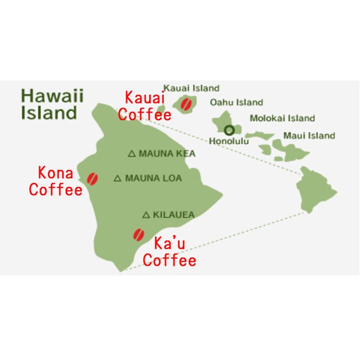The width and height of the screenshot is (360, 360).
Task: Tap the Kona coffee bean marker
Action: point(93,178)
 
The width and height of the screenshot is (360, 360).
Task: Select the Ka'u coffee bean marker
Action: point(138,234)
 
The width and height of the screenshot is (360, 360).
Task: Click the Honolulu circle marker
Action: point(229,130)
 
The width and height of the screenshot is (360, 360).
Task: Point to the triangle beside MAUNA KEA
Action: point(132,154)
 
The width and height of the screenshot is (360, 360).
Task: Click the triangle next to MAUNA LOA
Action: point(118,179)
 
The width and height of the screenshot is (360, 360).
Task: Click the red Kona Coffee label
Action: point(56,181)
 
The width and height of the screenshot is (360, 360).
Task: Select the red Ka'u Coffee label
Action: point(170,252)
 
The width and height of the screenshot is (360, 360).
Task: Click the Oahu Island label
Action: point(237,103)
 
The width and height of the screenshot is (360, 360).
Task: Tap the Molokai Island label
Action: point(282,119)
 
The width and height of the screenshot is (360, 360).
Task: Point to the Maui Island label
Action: point(309,135)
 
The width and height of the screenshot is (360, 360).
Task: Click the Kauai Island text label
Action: point(191,88)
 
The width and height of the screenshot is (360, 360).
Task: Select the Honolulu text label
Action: point(229,141)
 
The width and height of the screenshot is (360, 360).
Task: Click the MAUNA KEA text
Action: point(167,154)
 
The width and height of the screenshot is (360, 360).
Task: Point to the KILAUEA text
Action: point(174,215)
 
